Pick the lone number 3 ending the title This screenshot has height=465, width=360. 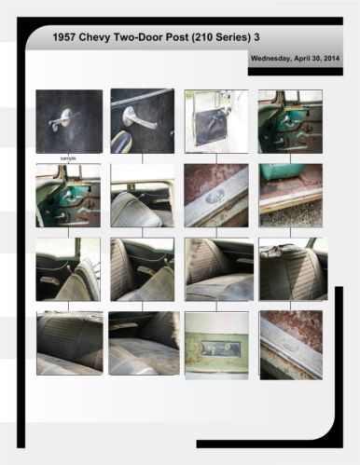[257, 37]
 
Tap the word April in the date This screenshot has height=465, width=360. [301, 59]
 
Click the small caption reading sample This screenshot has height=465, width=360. [68, 158]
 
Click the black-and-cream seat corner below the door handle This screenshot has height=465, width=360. [121, 142]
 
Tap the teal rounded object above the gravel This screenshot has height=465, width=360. [282, 171]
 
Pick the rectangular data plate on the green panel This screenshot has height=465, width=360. [220, 348]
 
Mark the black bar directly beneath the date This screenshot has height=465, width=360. [296, 72]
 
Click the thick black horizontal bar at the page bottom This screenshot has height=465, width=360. [270, 444]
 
